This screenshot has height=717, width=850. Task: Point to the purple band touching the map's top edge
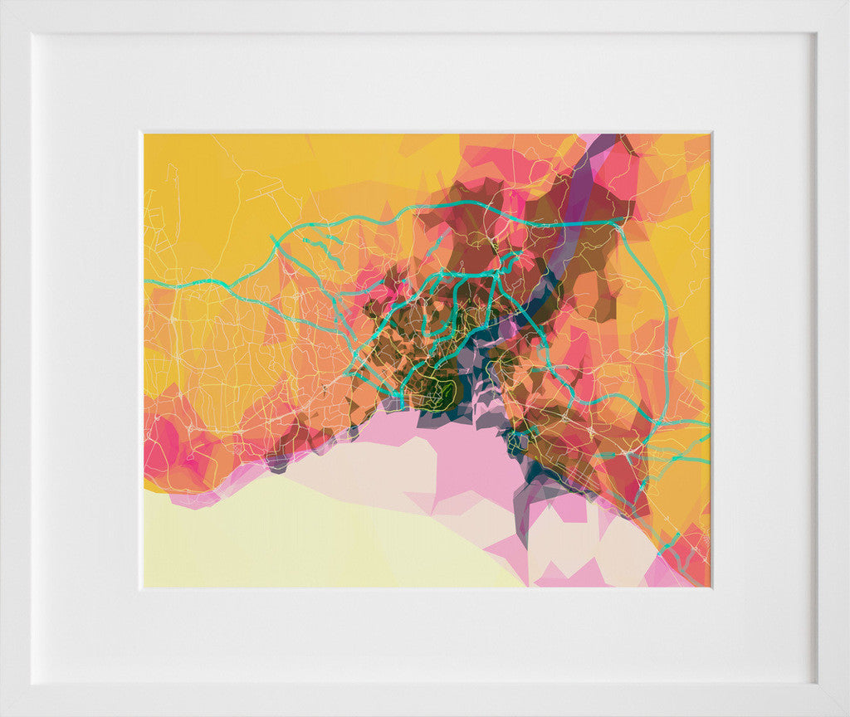tap(605, 143)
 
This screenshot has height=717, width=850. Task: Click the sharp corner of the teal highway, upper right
tap(621, 222)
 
